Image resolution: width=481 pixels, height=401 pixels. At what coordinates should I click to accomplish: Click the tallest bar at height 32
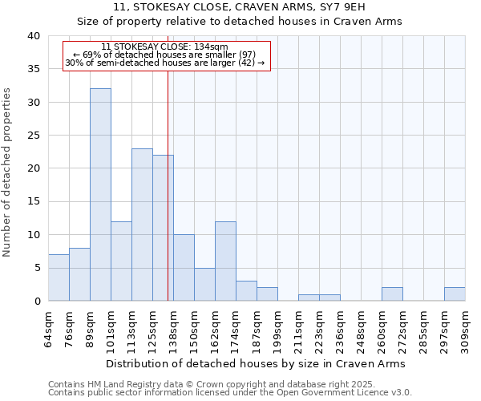100,195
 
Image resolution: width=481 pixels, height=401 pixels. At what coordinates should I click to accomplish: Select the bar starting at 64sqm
59,277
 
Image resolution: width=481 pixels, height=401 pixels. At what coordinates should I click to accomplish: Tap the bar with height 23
142,225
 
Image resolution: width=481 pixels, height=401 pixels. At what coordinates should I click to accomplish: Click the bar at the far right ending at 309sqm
455,294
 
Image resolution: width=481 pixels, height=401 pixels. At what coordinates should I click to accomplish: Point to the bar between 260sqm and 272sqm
392,294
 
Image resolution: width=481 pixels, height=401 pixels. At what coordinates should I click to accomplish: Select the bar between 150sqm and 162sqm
204,284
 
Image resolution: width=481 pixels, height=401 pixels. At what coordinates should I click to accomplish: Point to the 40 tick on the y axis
33,36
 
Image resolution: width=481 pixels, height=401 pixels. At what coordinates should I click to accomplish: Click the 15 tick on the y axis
33,201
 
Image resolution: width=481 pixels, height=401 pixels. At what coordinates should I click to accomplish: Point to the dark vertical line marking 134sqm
168,184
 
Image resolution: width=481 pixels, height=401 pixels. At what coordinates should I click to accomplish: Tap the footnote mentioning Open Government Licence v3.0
230,392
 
